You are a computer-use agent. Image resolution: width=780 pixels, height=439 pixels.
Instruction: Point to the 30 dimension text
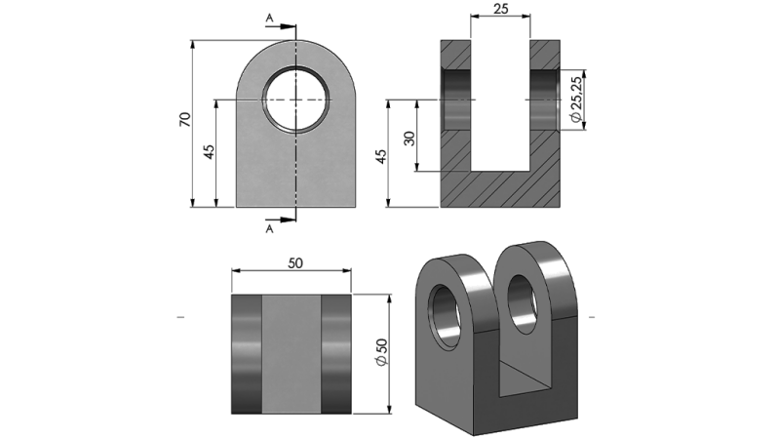coord(409,138)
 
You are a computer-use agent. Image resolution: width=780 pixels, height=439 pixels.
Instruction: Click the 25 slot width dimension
coord(501,9)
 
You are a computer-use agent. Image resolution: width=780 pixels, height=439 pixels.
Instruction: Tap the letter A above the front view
coord(269,19)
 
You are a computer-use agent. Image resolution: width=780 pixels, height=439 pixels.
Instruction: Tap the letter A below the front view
coord(269,230)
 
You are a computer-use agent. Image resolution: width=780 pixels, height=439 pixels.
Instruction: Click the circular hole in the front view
coord(295,100)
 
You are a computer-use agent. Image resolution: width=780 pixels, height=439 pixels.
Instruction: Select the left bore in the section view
coord(456,100)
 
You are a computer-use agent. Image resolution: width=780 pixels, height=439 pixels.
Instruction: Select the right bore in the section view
coord(545,100)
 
